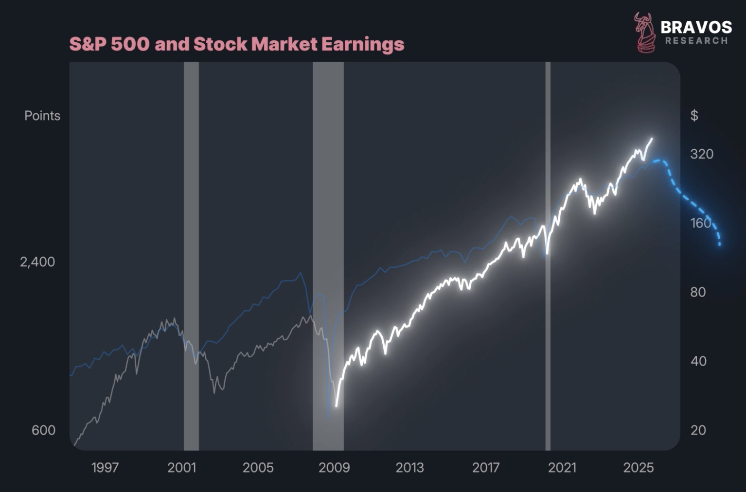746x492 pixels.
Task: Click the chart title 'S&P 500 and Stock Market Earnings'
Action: tap(236, 44)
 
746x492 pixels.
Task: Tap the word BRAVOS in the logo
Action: tap(696, 27)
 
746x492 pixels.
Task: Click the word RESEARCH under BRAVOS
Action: tap(696, 41)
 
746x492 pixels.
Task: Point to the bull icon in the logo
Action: tap(644, 32)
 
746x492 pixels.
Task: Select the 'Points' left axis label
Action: tap(42, 116)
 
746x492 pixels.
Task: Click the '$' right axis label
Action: tap(694, 116)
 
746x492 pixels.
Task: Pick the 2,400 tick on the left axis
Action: tap(37, 262)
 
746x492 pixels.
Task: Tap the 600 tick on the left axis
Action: tap(43, 430)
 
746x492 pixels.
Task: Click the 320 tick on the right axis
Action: tap(702, 154)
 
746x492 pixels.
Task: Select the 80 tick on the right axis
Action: tap(698, 292)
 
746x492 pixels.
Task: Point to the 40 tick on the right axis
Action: tap(698, 361)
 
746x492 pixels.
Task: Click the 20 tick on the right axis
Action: tap(698, 430)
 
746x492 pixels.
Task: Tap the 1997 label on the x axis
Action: tap(105, 468)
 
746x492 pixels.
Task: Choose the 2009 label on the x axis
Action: tap(334, 468)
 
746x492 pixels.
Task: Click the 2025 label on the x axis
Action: tap(639, 468)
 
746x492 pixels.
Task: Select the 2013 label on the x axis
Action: tap(409, 468)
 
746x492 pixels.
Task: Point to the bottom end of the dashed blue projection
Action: tap(720, 245)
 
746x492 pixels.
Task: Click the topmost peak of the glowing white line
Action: tap(652, 139)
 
